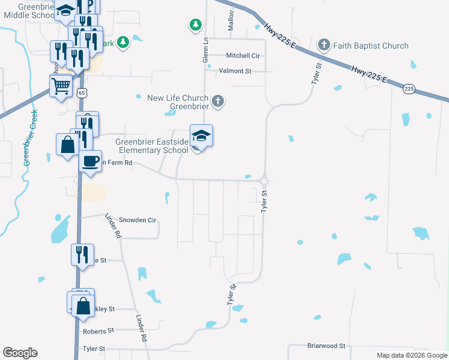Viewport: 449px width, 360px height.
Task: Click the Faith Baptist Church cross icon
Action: [324, 45]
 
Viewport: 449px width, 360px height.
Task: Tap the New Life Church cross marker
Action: [218, 102]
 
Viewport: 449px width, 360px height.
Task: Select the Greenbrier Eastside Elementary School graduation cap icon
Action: [201, 136]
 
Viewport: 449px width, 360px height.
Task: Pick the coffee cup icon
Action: [90, 161]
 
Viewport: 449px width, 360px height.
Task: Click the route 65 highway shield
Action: [82, 92]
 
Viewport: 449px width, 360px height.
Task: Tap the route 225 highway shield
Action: [409, 89]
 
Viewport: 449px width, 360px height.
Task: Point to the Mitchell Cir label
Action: [243, 56]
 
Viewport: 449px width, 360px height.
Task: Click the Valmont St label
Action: [235, 71]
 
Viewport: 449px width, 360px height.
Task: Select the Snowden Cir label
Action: [137, 220]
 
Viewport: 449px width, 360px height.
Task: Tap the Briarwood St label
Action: [327, 346]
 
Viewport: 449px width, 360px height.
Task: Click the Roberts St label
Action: [98, 331]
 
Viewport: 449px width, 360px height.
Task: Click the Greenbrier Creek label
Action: [30, 137]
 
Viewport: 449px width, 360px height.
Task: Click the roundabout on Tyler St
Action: [264, 180]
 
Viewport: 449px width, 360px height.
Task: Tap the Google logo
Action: [20, 353]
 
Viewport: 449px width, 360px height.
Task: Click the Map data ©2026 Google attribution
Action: [412, 355]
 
